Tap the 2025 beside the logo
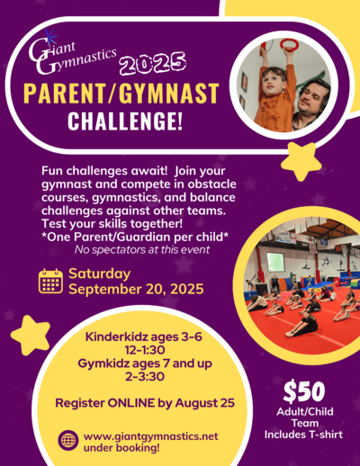click(152, 63)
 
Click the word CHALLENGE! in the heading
click(125, 121)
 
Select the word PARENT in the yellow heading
click(65, 94)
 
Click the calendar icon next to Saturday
click(50, 281)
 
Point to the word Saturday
click(100, 273)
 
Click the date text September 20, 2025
click(136, 289)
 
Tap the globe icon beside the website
click(68, 440)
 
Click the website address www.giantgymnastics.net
click(151, 436)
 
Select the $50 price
click(304, 391)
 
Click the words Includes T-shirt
click(303, 435)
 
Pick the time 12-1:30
click(145, 350)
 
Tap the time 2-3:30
click(145, 376)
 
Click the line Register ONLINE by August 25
click(145, 403)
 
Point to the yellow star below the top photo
click(301, 161)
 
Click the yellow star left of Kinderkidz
click(31, 335)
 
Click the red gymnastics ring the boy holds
click(289, 45)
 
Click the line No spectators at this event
click(142, 249)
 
